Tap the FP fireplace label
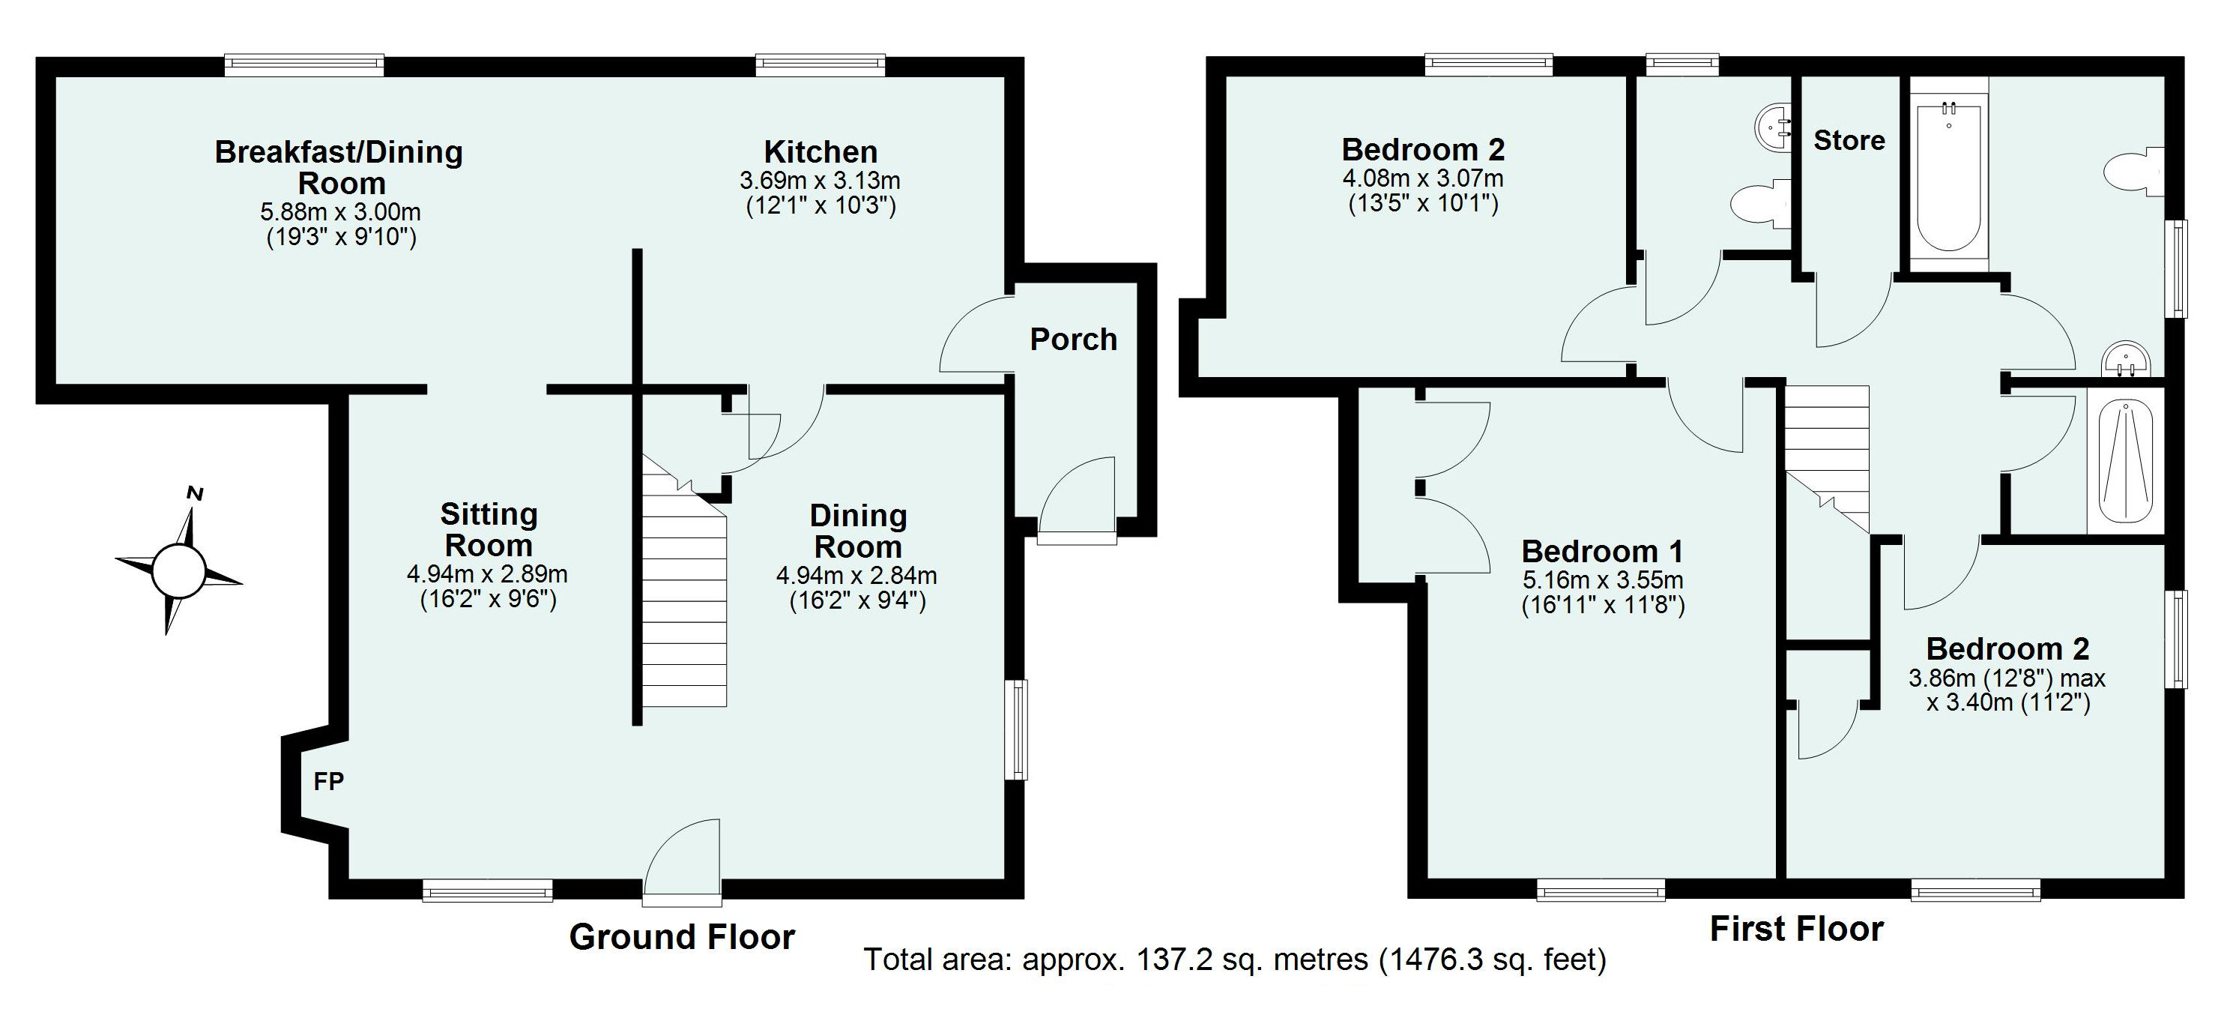328,782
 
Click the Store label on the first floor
1849,140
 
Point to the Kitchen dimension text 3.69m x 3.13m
819,181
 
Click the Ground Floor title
681,937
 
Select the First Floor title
1796,929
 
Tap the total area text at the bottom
1234,960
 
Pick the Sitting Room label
489,530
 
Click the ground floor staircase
684,606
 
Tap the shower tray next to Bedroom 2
2126,460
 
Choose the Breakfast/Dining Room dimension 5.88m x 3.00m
340,212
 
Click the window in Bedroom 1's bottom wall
1601,889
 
